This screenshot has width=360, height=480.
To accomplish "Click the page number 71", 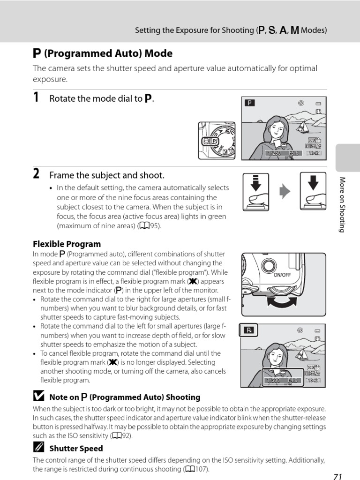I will point(337,476).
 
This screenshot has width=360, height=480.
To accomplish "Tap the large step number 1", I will point(36,97).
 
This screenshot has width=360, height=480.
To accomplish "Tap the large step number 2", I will point(36,174).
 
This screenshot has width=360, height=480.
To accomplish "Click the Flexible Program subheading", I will point(67,244).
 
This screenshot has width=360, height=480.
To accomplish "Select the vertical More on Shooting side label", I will point(342,204).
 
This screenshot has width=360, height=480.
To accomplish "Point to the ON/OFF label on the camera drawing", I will point(282,275).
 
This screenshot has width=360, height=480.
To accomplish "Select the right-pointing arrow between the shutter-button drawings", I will point(285,191).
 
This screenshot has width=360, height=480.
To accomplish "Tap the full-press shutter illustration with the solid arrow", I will point(313,191).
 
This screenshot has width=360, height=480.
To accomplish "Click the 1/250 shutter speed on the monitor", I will point(274,153).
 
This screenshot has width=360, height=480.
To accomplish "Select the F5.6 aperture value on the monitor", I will point(293,153).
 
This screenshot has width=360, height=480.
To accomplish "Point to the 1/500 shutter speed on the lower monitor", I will point(272,380).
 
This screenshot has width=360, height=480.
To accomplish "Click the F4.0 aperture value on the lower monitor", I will point(293,380).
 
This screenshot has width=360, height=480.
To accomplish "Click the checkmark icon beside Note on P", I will point(38,397).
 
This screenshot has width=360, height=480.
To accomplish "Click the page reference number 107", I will point(200,469).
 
